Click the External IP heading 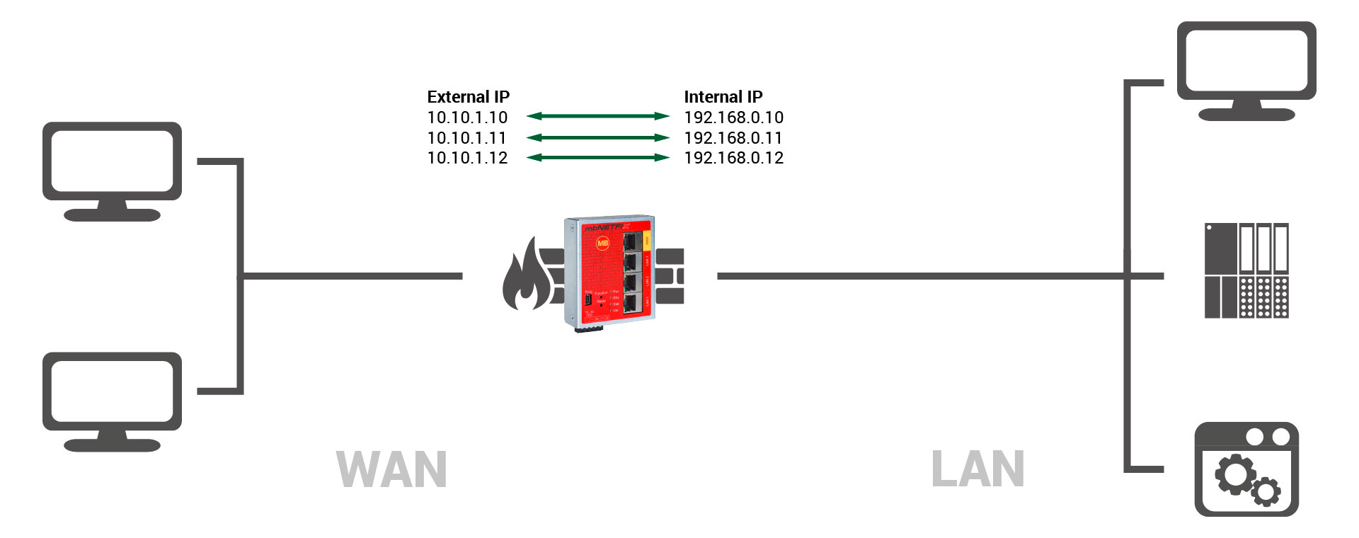[x=468, y=97]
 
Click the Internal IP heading [x=723, y=97]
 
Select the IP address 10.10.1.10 [x=467, y=118]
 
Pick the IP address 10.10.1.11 [x=467, y=138]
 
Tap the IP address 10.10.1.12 [x=467, y=158]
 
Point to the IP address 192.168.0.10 [x=733, y=118]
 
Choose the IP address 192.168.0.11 [x=733, y=138]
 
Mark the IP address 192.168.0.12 [x=733, y=158]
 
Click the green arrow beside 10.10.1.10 [x=597, y=116]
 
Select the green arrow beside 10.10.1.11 [x=597, y=137]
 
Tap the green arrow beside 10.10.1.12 [x=597, y=157]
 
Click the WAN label [x=391, y=469]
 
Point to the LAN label [x=977, y=469]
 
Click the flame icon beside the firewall [x=524, y=277]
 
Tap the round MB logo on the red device [x=602, y=243]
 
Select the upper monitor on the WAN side [x=112, y=170]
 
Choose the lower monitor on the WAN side [x=112, y=400]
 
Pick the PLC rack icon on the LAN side [x=1246, y=270]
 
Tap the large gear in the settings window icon [x=1235, y=474]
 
